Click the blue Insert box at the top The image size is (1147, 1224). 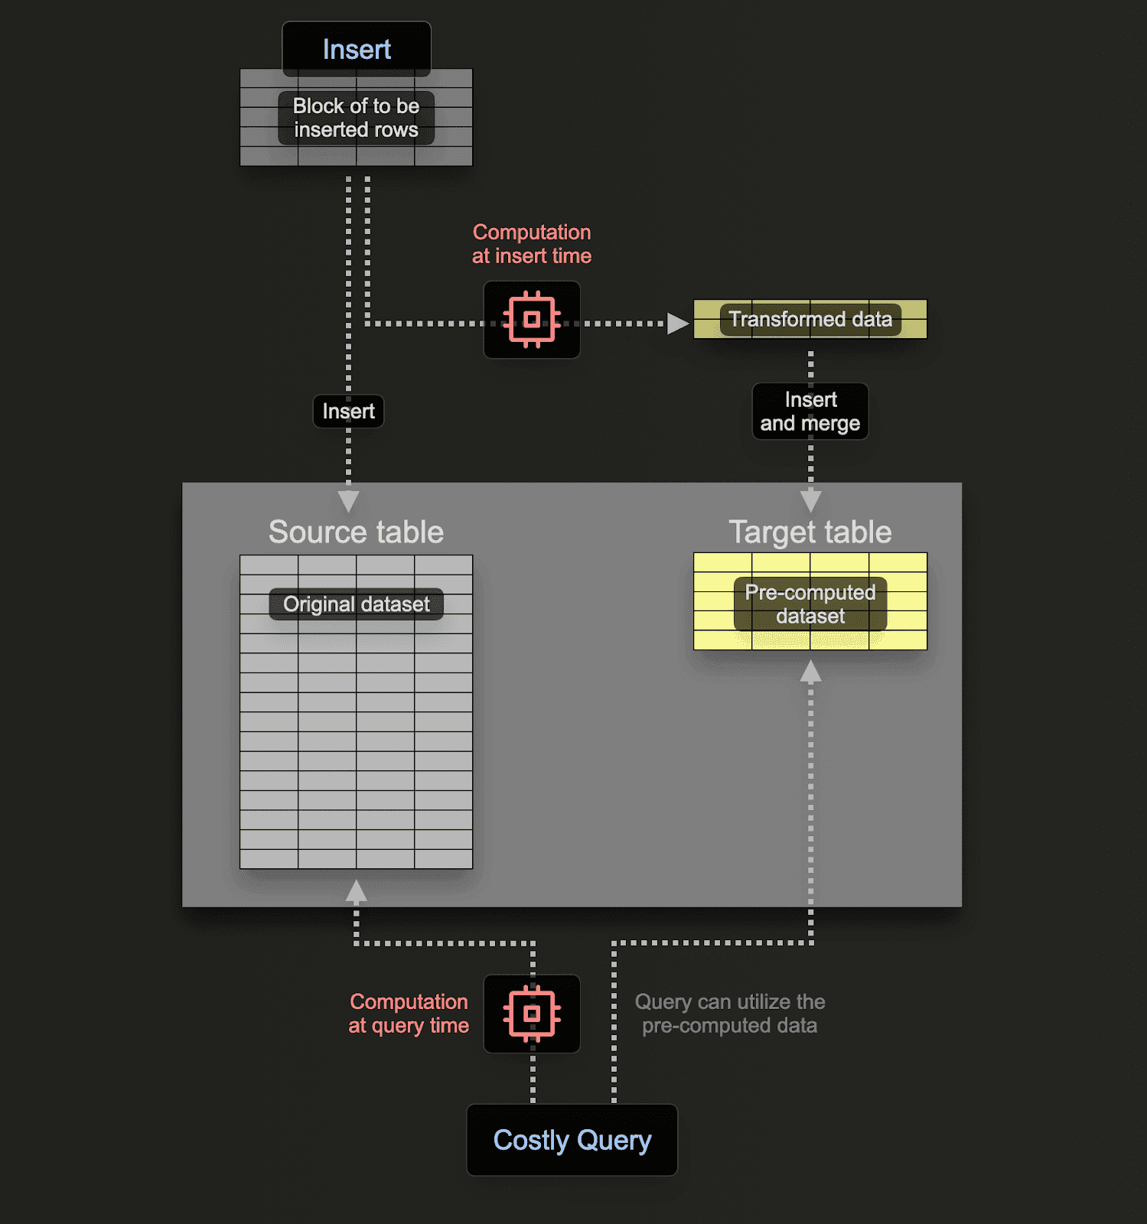pyautogui.click(x=357, y=49)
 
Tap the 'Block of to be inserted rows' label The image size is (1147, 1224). pyautogui.click(x=357, y=118)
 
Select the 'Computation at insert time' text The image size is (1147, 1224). pyautogui.click(x=532, y=244)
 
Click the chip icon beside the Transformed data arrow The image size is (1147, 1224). pyautogui.click(x=532, y=320)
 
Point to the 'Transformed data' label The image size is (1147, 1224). pyautogui.click(x=810, y=319)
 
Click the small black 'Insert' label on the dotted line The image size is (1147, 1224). pyautogui.click(x=348, y=412)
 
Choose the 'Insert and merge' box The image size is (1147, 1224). pyautogui.click(x=810, y=412)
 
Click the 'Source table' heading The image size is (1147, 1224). pyautogui.click(x=356, y=532)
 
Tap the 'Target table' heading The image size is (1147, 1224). pyautogui.click(x=810, y=532)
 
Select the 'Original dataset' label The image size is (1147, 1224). pyautogui.click(x=357, y=604)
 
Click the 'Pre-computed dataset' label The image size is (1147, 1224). pyautogui.click(x=810, y=604)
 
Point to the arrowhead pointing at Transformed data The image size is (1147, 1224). pyautogui.click(x=678, y=324)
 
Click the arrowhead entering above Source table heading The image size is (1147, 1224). pyautogui.click(x=349, y=501)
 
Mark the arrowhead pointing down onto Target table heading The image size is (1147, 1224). pyautogui.click(x=811, y=501)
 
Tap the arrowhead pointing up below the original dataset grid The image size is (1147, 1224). pyautogui.click(x=357, y=891)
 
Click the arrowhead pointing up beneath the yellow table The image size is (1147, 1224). pyautogui.click(x=811, y=672)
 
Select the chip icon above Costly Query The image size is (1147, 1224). pyautogui.click(x=532, y=1014)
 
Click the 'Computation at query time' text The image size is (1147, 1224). pyautogui.click(x=409, y=1014)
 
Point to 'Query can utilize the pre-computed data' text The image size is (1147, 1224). pyautogui.click(x=730, y=1014)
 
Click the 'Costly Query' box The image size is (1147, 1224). pyautogui.click(x=572, y=1140)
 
